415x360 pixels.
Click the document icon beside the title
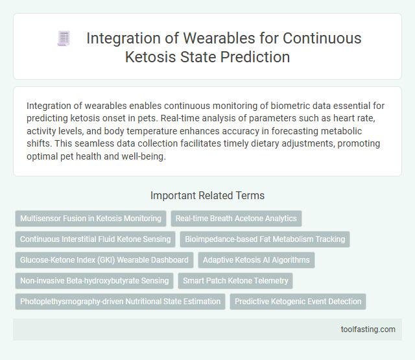tap(64, 39)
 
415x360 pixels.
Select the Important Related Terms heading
tap(207, 195)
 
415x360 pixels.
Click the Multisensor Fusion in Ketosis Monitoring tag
tap(91, 219)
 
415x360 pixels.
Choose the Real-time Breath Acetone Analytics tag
tap(236, 219)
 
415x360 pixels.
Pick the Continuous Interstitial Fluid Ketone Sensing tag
tap(95, 239)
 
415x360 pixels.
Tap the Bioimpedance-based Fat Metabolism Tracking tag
tap(265, 239)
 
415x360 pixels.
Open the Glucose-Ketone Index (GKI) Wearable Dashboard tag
tap(104, 260)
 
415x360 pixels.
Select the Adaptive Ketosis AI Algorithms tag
tap(256, 260)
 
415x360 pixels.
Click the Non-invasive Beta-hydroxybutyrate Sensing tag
tap(94, 281)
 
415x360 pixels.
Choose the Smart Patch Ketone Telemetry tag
tap(235, 281)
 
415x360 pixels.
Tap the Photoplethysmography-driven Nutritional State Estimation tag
tap(120, 302)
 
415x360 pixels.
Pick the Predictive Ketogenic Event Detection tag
tap(298, 302)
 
